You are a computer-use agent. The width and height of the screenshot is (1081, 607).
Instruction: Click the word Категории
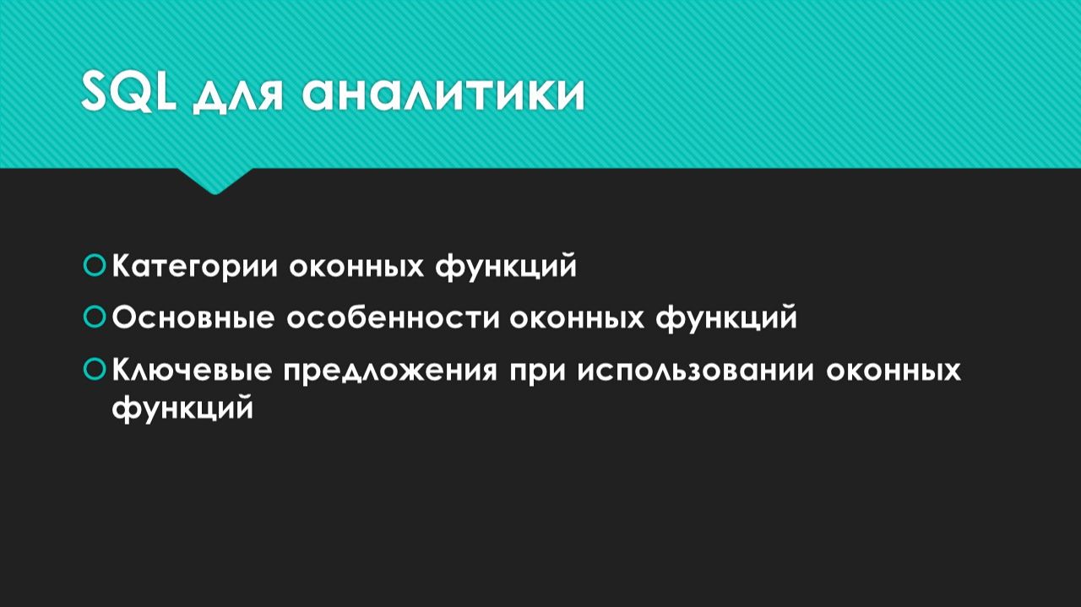pyautogui.click(x=197, y=267)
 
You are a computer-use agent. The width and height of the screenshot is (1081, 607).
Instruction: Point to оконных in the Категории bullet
pyautogui.click(x=357, y=267)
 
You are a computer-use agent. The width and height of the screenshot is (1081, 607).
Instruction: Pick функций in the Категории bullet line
pyautogui.click(x=506, y=268)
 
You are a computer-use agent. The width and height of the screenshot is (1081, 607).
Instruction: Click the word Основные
pyautogui.click(x=193, y=318)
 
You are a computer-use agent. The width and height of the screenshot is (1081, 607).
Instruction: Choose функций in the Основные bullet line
pyautogui.click(x=726, y=319)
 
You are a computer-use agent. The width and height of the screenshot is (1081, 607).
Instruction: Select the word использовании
pyautogui.click(x=695, y=371)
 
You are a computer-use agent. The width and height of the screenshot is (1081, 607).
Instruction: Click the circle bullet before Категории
pyautogui.click(x=95, y=266)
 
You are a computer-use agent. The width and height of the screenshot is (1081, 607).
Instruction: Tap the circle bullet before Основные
pyautogui.click(x=95, y=317)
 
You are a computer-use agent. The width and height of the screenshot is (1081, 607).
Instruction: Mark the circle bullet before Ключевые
pyautogui.click(x=95, y=369)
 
